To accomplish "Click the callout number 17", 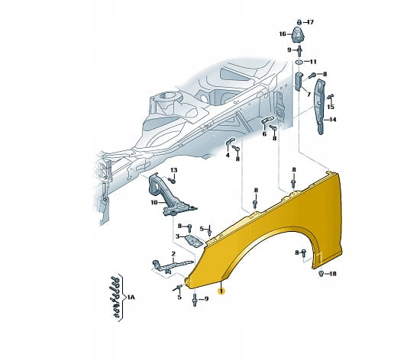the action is pyautogui.click(x=310, y=22).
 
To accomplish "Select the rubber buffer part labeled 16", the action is pyautogui.click(x=299, y=34).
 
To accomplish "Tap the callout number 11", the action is pyautogui.click(x=313, y=62).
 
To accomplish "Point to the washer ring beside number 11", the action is pyautogui.click(x=299, y=62).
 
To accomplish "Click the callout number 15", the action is pyautogui.click(x=331, y=107).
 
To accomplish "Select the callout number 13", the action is pyautogui.click(x=173, y=170).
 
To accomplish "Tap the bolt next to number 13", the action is pyautogui.click(x=172, y=181).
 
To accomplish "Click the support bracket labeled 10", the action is pyautogui.click(x=170, y=197).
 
